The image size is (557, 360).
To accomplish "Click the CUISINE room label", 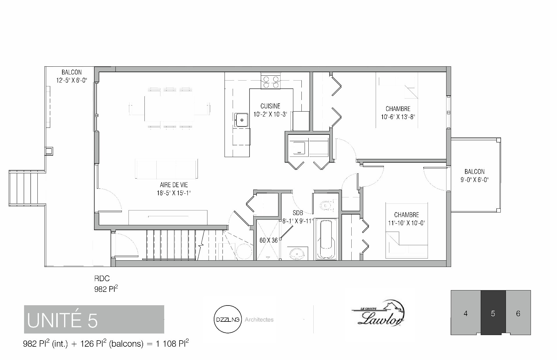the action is (270, 106).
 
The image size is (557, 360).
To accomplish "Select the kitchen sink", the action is (241, 120).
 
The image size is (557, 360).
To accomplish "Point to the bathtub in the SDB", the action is (327, 239).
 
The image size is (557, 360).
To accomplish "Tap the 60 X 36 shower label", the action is (268, 240).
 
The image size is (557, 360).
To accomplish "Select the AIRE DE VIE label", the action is (174, 185).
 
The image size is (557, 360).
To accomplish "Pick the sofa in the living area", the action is (167, 169).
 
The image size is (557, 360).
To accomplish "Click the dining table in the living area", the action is (169, 108).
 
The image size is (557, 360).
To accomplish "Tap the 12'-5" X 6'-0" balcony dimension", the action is (72, 80).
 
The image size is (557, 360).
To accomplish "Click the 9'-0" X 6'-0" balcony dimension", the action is (475, 180).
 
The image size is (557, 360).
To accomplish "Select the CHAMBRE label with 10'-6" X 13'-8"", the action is (398, 109).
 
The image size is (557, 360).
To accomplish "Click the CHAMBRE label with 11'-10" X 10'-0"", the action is (406, 215).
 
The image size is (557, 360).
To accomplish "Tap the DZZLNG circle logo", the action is (227, 320).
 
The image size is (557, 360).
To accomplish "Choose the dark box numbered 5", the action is (493, 312).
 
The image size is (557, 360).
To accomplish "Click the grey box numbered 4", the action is (466, 312).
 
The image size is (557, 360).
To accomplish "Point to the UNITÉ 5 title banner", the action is (94, 319).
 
